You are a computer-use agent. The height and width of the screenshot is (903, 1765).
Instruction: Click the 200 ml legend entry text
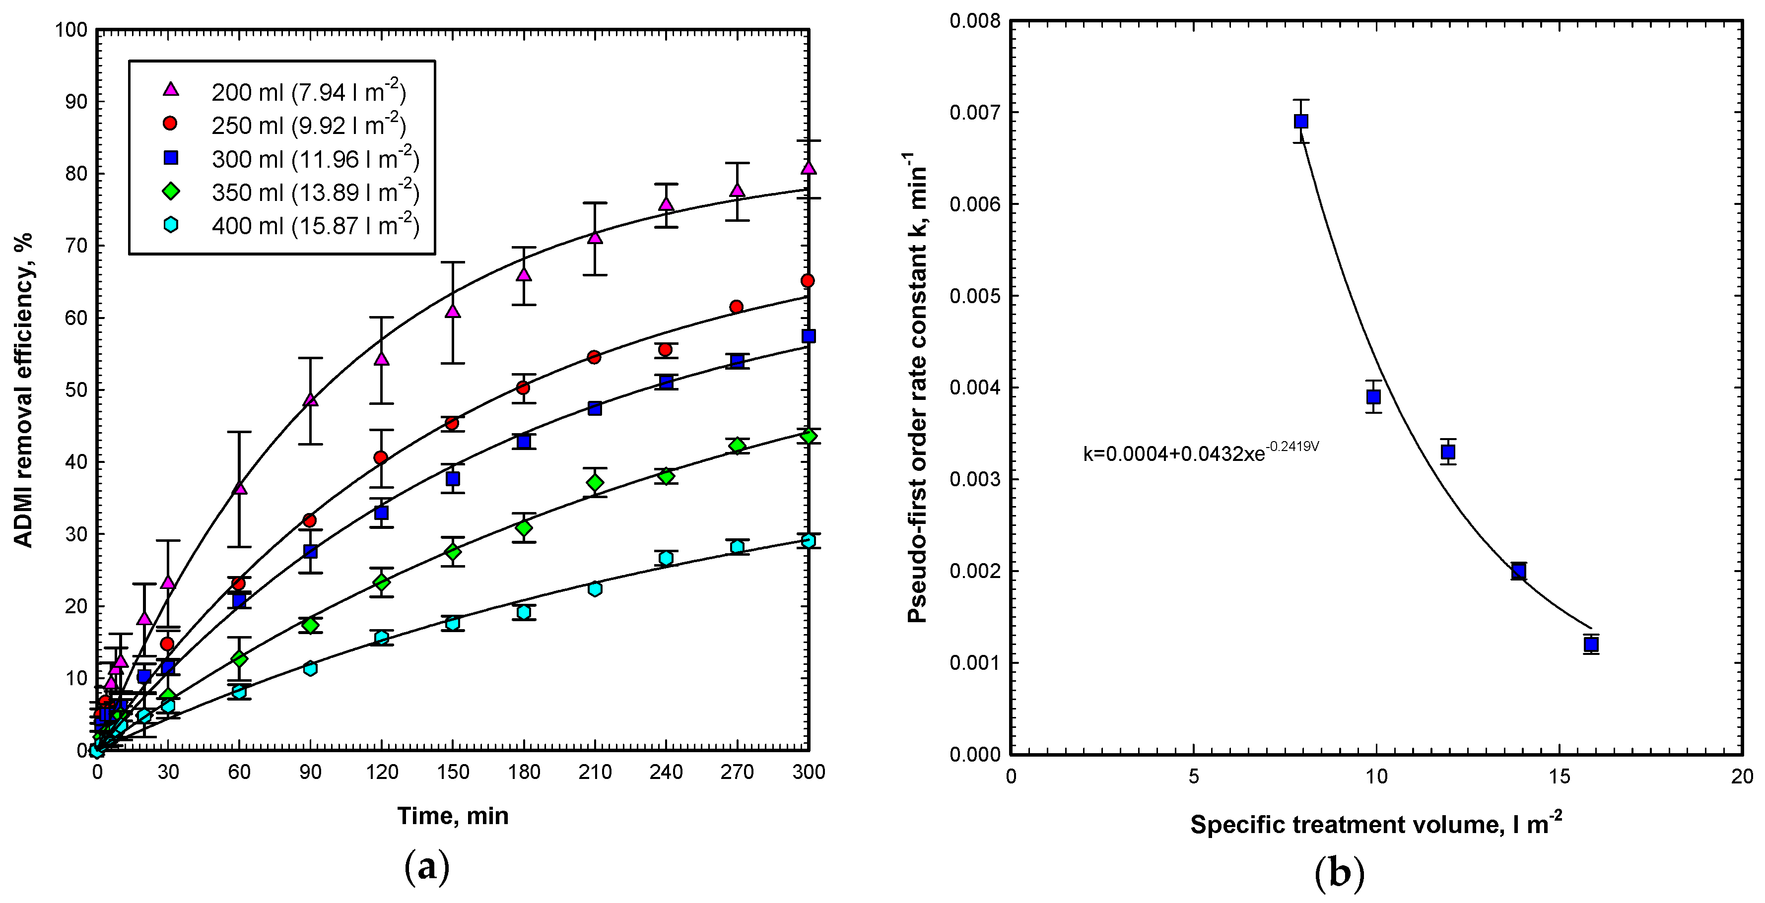(308, 92)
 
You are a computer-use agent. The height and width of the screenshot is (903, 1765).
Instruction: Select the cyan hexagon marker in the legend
(171, 225)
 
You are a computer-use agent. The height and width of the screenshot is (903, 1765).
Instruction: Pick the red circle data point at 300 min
(808, 281)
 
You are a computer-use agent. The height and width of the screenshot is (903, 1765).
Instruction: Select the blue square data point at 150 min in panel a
(453, 479)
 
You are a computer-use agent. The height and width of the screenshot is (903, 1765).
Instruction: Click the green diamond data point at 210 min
(595, 483)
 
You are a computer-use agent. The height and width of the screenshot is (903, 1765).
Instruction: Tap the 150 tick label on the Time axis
(453, 772)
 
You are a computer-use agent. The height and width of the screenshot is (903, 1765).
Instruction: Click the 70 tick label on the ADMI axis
(76, 245)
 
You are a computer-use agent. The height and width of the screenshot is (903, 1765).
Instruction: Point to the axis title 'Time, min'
(453, 816)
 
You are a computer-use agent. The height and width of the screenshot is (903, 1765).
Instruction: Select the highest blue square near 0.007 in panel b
(1301, 121)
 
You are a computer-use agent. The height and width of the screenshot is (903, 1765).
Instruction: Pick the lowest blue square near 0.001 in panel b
(1591, 644)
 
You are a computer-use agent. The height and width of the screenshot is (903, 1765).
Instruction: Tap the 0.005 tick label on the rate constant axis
(974, 296)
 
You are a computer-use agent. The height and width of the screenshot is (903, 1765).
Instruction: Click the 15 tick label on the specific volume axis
(1560, 776)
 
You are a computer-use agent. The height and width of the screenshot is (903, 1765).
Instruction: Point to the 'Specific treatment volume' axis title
(1376, 824)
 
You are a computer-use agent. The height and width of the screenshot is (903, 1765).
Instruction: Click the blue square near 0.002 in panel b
(1518, 571)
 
